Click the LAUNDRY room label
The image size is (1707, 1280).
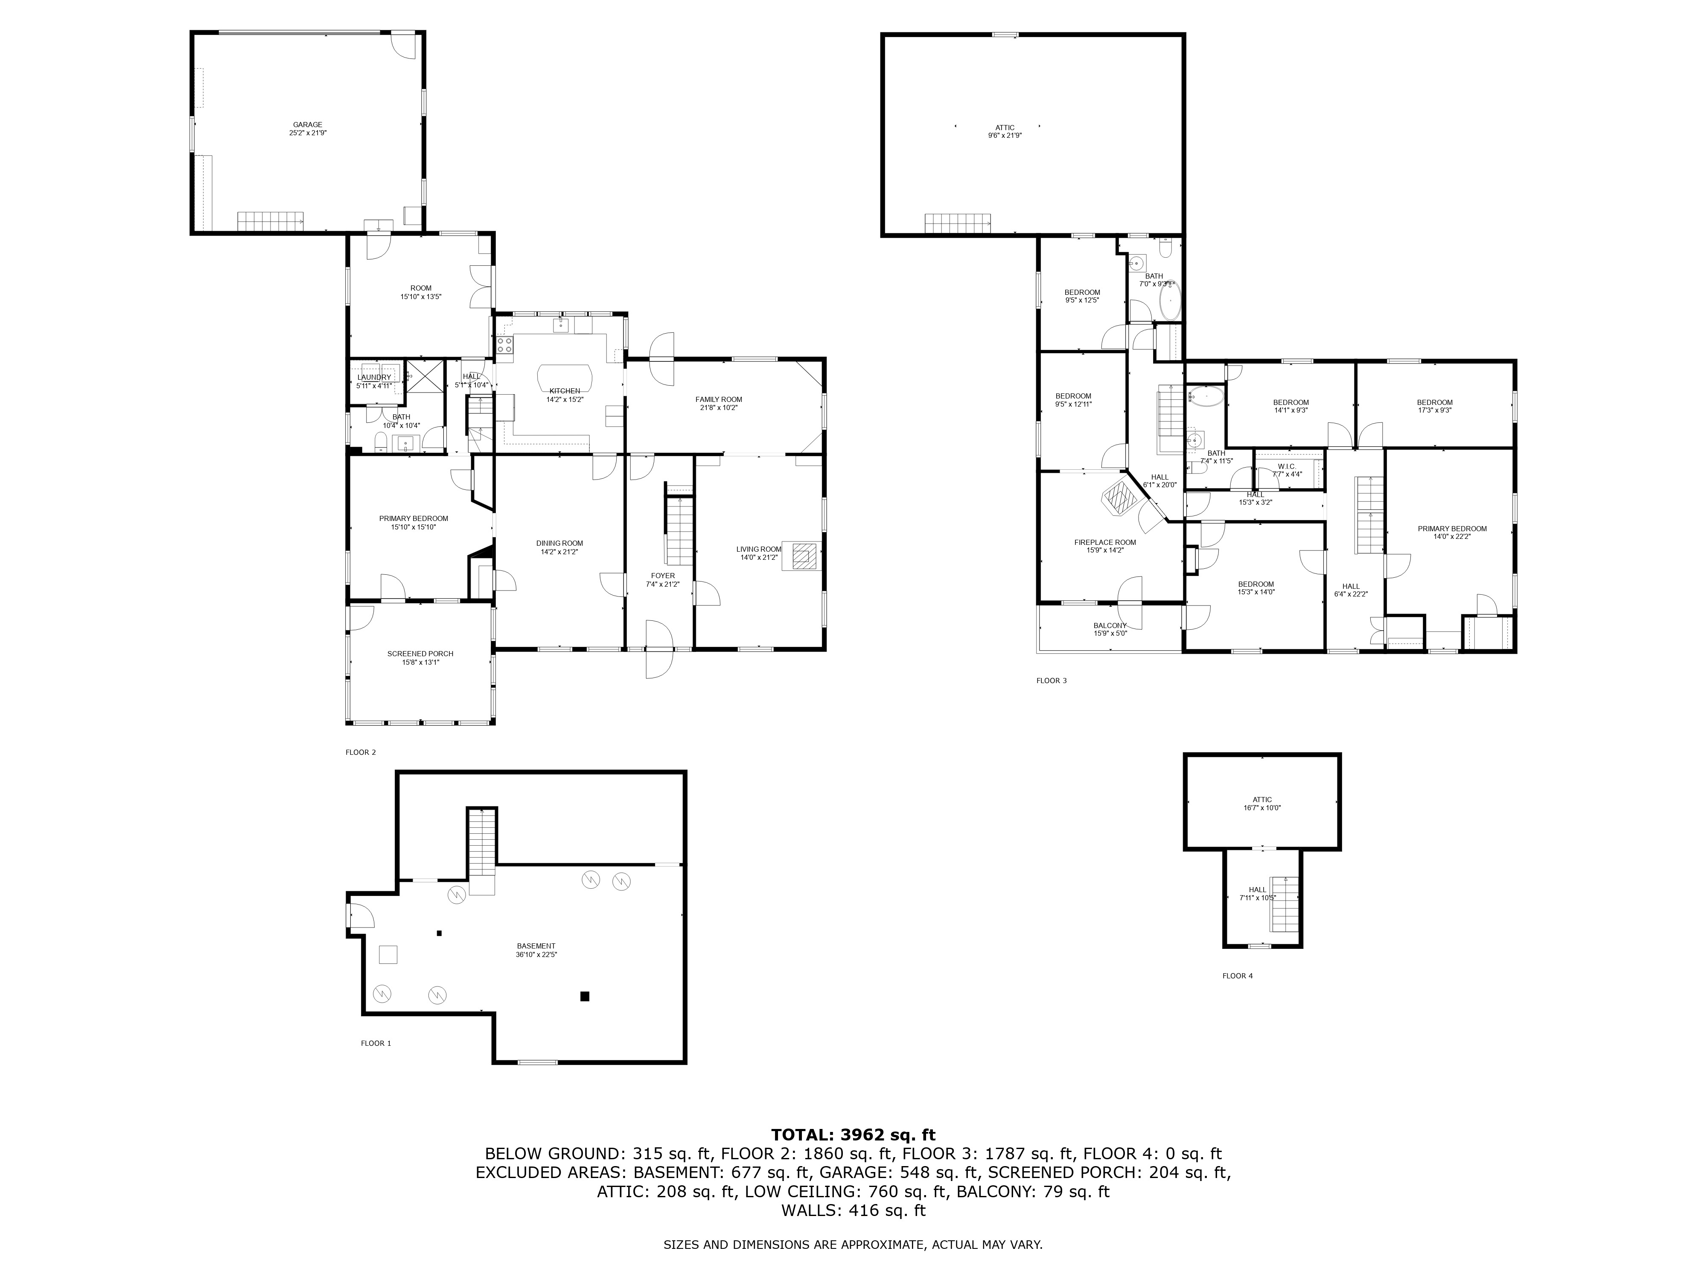(x=374, y=377)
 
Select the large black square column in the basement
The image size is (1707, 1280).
(x=584, y=996)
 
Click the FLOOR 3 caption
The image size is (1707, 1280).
(x=1051, y=681)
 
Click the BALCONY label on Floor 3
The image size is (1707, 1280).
(x=1110, y=626)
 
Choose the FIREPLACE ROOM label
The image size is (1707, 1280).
(x=1104, y=542)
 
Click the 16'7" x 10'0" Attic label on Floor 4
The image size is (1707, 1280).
(x=1262, y=803)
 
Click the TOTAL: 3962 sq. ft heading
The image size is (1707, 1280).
(x=853, y=1135)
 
